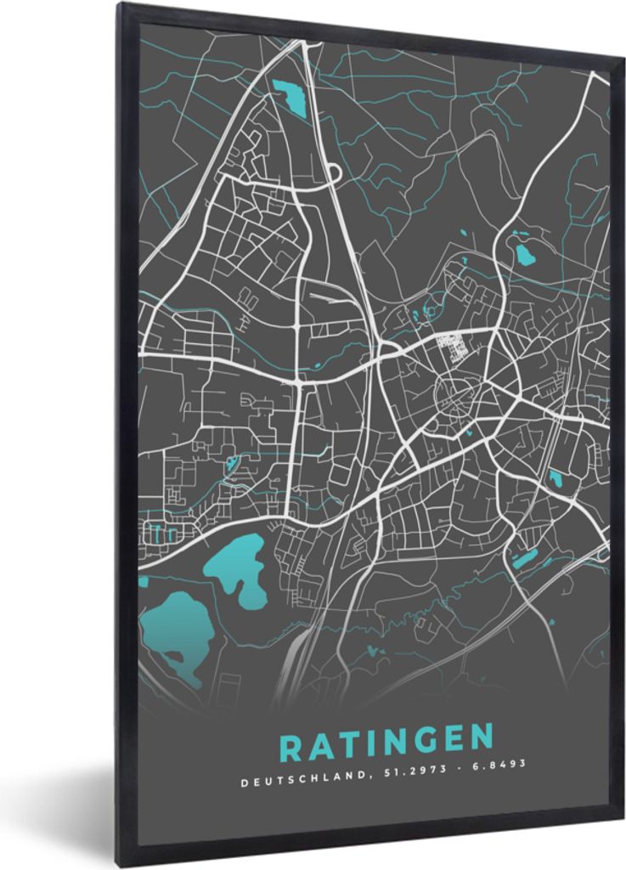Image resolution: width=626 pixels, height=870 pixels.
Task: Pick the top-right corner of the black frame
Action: coord(623,58)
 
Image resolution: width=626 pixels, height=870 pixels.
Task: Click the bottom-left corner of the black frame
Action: coord(120,864)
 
